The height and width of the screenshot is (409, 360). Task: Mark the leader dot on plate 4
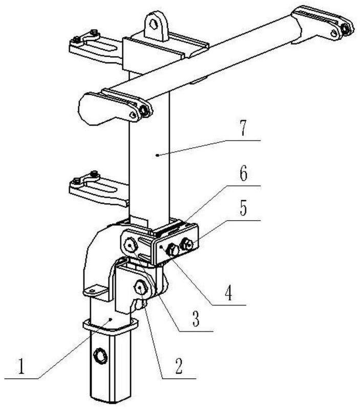click(x=163, y=247)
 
